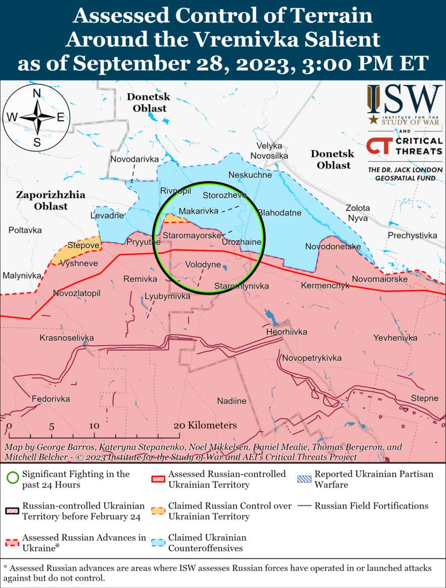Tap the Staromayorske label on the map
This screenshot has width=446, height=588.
(192, 236)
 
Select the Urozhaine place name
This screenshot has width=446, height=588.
(241, 243)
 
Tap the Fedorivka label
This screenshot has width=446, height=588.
(51, 399)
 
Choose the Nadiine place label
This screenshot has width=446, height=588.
(231, 401)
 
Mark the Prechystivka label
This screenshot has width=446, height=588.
(413, 235)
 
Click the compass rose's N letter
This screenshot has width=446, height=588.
(37, 93)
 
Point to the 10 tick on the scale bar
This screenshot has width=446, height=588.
(94, 426)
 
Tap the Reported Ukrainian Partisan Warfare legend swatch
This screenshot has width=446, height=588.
(304, 479)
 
